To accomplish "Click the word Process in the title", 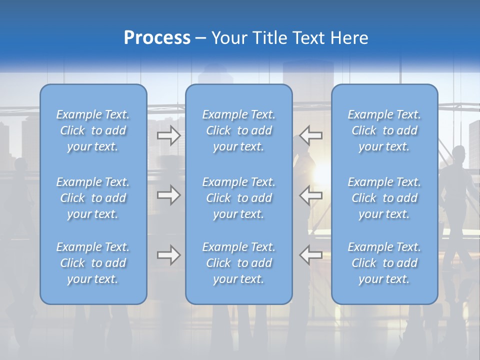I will (157, 38).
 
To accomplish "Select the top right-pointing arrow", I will (168, 135).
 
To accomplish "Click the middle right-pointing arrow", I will (168, 195).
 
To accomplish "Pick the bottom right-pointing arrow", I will (168, 255).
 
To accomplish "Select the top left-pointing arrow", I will (311, 135).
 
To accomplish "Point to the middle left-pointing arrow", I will (311, 195).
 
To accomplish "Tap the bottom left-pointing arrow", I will (311, 255).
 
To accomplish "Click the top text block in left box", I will (93, 130).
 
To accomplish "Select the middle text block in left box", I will (93, 198).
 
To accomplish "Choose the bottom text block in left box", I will (93, 263).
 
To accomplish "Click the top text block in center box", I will (239, 130).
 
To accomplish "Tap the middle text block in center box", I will (239, 198).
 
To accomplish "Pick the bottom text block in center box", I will (239, 263).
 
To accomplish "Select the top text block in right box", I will (384, 130).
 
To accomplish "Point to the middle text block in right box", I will (384, 198).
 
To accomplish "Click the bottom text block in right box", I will (384, 263).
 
